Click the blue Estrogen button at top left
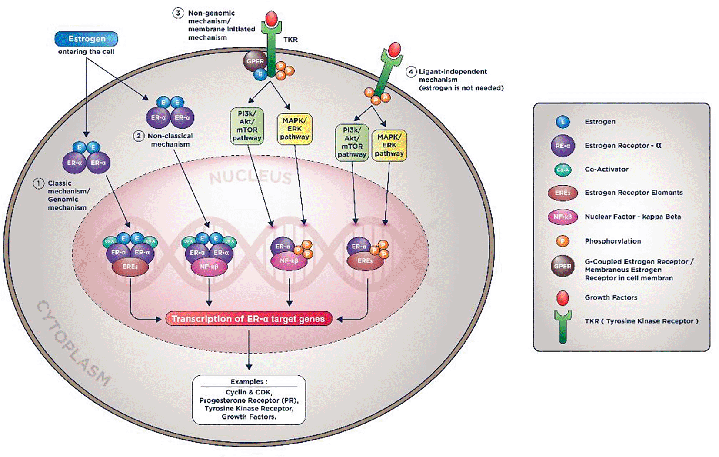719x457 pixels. point(86,39)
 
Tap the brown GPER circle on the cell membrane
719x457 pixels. point(255,61)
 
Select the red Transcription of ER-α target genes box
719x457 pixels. point(248,319)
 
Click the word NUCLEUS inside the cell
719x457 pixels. point(250,177)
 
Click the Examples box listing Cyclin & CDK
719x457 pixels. point(249,400)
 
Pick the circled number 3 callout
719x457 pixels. point(178,13)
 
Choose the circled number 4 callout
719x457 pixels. point(411,72)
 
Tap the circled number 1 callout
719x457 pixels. point(39,183)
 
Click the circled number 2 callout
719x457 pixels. point(139,136)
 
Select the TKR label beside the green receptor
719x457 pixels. point(290,40)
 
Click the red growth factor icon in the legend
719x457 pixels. point(563,298)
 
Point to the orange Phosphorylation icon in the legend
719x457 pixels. point(563,241)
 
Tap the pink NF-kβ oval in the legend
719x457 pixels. point(563,217)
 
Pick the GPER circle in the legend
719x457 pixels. point(563,266)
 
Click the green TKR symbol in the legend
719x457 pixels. point(563,326)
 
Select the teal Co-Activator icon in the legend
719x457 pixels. point(563,170)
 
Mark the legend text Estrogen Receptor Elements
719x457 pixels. point(633,193)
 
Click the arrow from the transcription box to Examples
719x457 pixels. point(249,350)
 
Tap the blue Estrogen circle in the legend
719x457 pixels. point(563,122)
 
